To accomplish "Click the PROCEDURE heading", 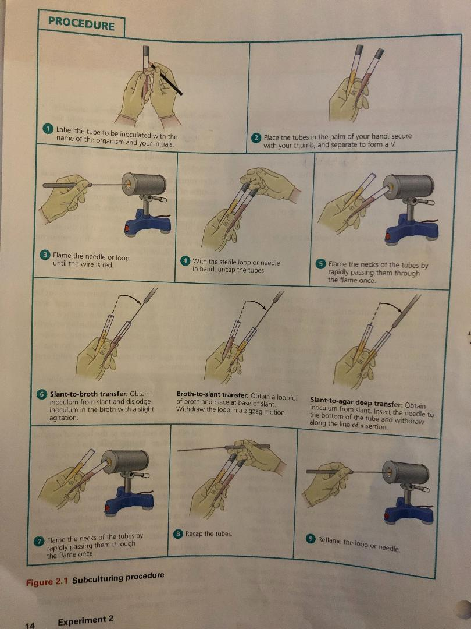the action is [x=81, y=23].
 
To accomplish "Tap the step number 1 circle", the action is [x=48, y=129].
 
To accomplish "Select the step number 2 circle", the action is [x=256, y=137].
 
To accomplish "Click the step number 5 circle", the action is [x=321, y=264].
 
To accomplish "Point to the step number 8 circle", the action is [x=179, y=533].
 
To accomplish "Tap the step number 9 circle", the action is [x=311, y=539].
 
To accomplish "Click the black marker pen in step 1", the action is [x=165, y=79].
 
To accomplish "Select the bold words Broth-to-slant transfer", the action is [x=212, y=395].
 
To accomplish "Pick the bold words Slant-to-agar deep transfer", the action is [x=356, y=401].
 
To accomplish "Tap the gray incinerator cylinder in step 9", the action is [x=405, y=472].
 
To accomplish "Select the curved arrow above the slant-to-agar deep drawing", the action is [x=391, y=305].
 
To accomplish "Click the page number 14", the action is [x=30, y=624].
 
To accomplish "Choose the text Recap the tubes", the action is [x=209, y=533].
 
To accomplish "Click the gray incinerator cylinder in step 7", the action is [x=124, y=461].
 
